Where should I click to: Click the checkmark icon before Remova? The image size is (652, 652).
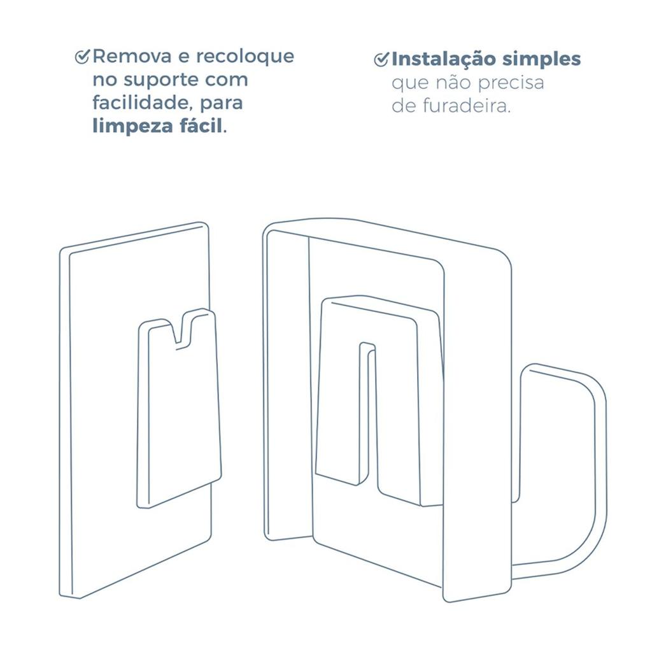point(82,57)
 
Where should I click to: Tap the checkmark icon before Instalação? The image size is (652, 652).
point(381,60)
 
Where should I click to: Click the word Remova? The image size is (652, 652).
point(132,57)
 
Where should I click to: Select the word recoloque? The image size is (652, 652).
point(245,57)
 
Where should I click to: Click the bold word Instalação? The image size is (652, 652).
point(443,59)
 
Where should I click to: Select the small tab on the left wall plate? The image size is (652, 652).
point(179,407)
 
